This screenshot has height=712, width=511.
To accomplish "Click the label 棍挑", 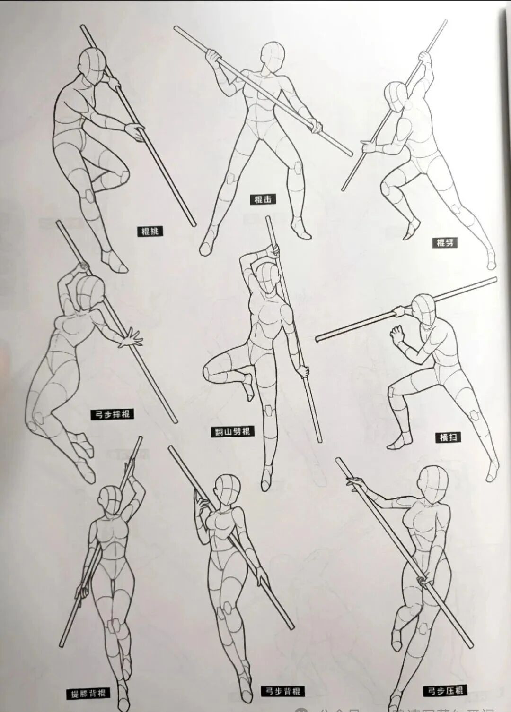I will coord(150,231).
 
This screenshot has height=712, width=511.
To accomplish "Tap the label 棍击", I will coord(263,199).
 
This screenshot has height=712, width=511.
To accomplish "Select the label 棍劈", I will coord(445,243).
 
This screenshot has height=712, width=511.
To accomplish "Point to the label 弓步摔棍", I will coord(112,414).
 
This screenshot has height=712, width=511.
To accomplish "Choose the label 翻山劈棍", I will coord(232,431).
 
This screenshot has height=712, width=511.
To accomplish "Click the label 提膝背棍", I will coord(88,694).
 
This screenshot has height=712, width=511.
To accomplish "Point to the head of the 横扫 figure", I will coord(423,309).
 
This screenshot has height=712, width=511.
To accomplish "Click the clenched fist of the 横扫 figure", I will coord(396,335).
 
